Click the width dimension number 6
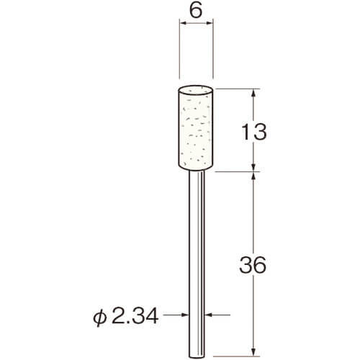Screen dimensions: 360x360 point(196,11)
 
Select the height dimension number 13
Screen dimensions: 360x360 point(254,132)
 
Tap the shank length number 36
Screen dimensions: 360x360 point(253,265)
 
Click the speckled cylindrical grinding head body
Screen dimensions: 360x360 point(196,128)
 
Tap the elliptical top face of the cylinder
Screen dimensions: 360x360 point(196,89)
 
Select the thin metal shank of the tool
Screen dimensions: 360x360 point(197,264)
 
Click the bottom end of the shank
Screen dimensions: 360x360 point(197,358)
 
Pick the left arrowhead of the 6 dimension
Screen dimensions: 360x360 point(183,23)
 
